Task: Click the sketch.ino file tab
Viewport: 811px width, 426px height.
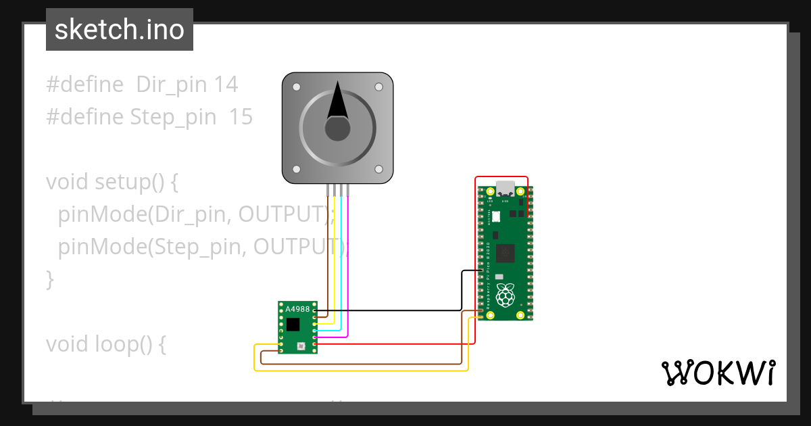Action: click(119, 30)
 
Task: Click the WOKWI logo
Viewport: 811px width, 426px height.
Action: click(718, 373)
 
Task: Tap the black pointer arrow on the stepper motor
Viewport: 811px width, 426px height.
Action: click(337, 101)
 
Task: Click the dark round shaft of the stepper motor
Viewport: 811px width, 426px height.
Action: click(337, 128)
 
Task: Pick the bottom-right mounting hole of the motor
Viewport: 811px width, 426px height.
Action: click(378, 169)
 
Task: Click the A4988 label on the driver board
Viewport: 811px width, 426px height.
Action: click(297, 309)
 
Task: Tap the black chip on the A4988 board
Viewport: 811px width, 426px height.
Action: click(293, 325)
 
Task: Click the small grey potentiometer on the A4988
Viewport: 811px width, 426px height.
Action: click(301, 346)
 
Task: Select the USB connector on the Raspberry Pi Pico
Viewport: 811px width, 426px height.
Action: click(505, 187)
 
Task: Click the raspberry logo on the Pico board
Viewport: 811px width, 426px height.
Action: click(505, 295)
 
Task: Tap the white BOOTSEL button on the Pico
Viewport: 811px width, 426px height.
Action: click(495, 216)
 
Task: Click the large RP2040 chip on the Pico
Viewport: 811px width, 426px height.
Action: click(505, 253)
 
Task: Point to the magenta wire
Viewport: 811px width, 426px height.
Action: click(347, 270)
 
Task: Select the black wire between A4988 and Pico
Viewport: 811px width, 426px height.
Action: click(405, 310)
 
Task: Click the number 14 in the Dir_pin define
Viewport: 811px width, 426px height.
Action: click(226, 85)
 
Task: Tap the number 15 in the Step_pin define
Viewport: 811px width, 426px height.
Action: click(241, 117)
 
